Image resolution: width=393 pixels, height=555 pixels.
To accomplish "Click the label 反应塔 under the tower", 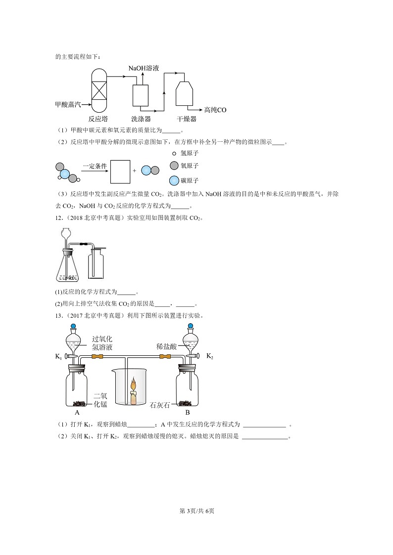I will pos(98,119).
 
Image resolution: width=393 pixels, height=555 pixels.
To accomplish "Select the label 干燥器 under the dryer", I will pos(187,119).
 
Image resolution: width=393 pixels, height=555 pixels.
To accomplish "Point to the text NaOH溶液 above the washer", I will pos(144,68).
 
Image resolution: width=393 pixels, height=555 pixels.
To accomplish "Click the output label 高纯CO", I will pos(215,110).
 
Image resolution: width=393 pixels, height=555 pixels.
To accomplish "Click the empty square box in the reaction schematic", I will pos(120,171).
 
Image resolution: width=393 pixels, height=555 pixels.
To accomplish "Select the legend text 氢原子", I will pos(190,154).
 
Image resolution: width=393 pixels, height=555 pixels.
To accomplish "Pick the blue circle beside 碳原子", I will pos(174,180).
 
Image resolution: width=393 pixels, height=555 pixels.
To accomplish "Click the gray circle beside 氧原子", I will pos(174,166).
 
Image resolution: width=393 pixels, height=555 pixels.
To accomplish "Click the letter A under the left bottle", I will pos(77,412).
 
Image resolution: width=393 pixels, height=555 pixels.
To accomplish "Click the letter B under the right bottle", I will pos(188,412).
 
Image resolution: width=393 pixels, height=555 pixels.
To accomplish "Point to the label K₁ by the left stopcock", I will pos(58,356).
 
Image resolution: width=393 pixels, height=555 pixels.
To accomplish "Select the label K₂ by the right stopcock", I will pos(209,356).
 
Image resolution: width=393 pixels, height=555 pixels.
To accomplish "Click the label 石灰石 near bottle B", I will pos(160,405).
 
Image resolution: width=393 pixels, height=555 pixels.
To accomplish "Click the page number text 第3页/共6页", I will pos(196,511).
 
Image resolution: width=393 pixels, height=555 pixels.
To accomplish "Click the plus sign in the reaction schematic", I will pos(135,171).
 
